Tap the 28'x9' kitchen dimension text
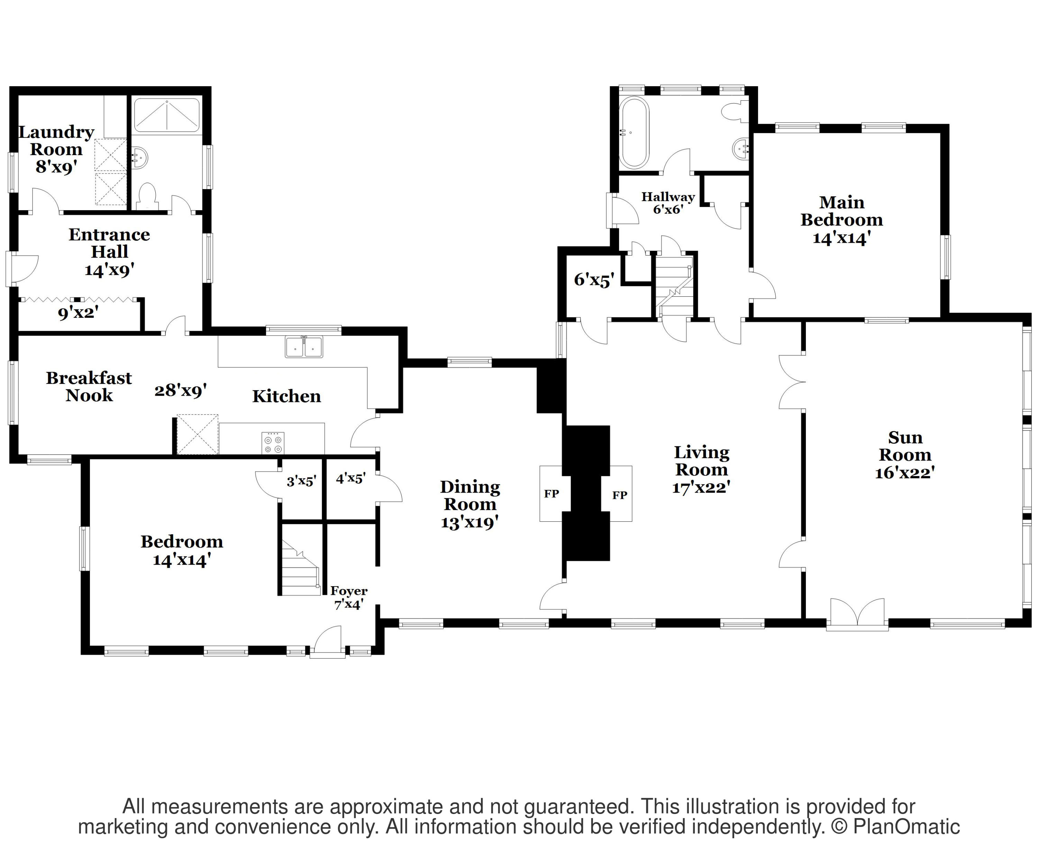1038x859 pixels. click(x=180, y=391)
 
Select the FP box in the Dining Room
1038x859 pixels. click(x=551, y=493)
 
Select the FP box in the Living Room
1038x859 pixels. click(x=620, y=494)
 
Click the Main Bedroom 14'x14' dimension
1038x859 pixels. click(x=841, y=238)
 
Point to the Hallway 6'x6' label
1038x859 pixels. click(x=668, y=203)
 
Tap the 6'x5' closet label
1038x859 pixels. click(x=594, y=280)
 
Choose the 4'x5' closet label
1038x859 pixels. click(x=350, y=478)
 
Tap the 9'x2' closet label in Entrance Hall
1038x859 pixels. click(x=78, y=313)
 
